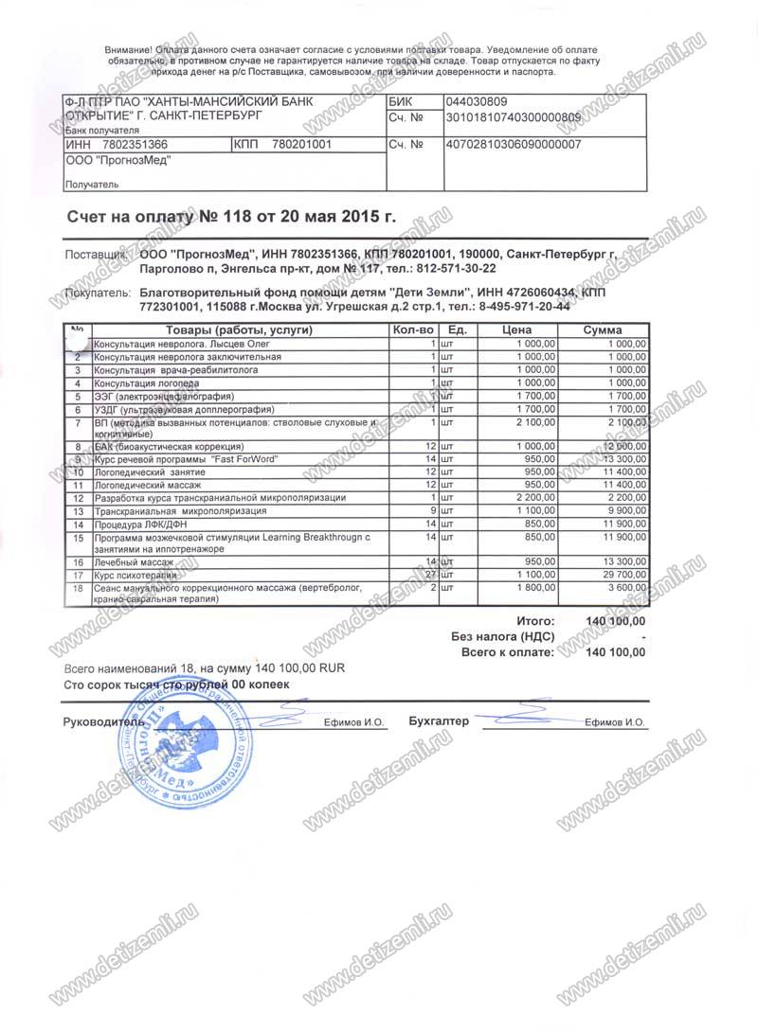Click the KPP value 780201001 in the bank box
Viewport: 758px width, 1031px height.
pyautogui.click(x=301, y=145)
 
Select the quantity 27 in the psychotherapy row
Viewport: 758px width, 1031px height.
pyautogui.click(x=428, y=575)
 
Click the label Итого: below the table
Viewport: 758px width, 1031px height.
pyautogui.click(x=534, y=621)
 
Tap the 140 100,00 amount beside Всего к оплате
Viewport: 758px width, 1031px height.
pyautogui.click(x=616, y=653)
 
